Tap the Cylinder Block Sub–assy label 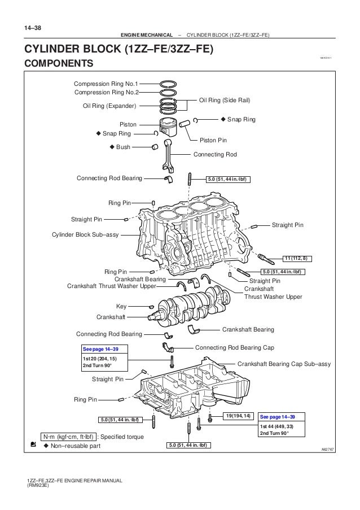click(x=85, y=234)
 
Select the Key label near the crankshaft click(x=121, y=306)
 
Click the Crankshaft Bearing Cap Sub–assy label click(x=284, y=364)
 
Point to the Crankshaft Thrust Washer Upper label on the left click(x=111, y=286)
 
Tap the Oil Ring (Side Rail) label click(x=225, y=99)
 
